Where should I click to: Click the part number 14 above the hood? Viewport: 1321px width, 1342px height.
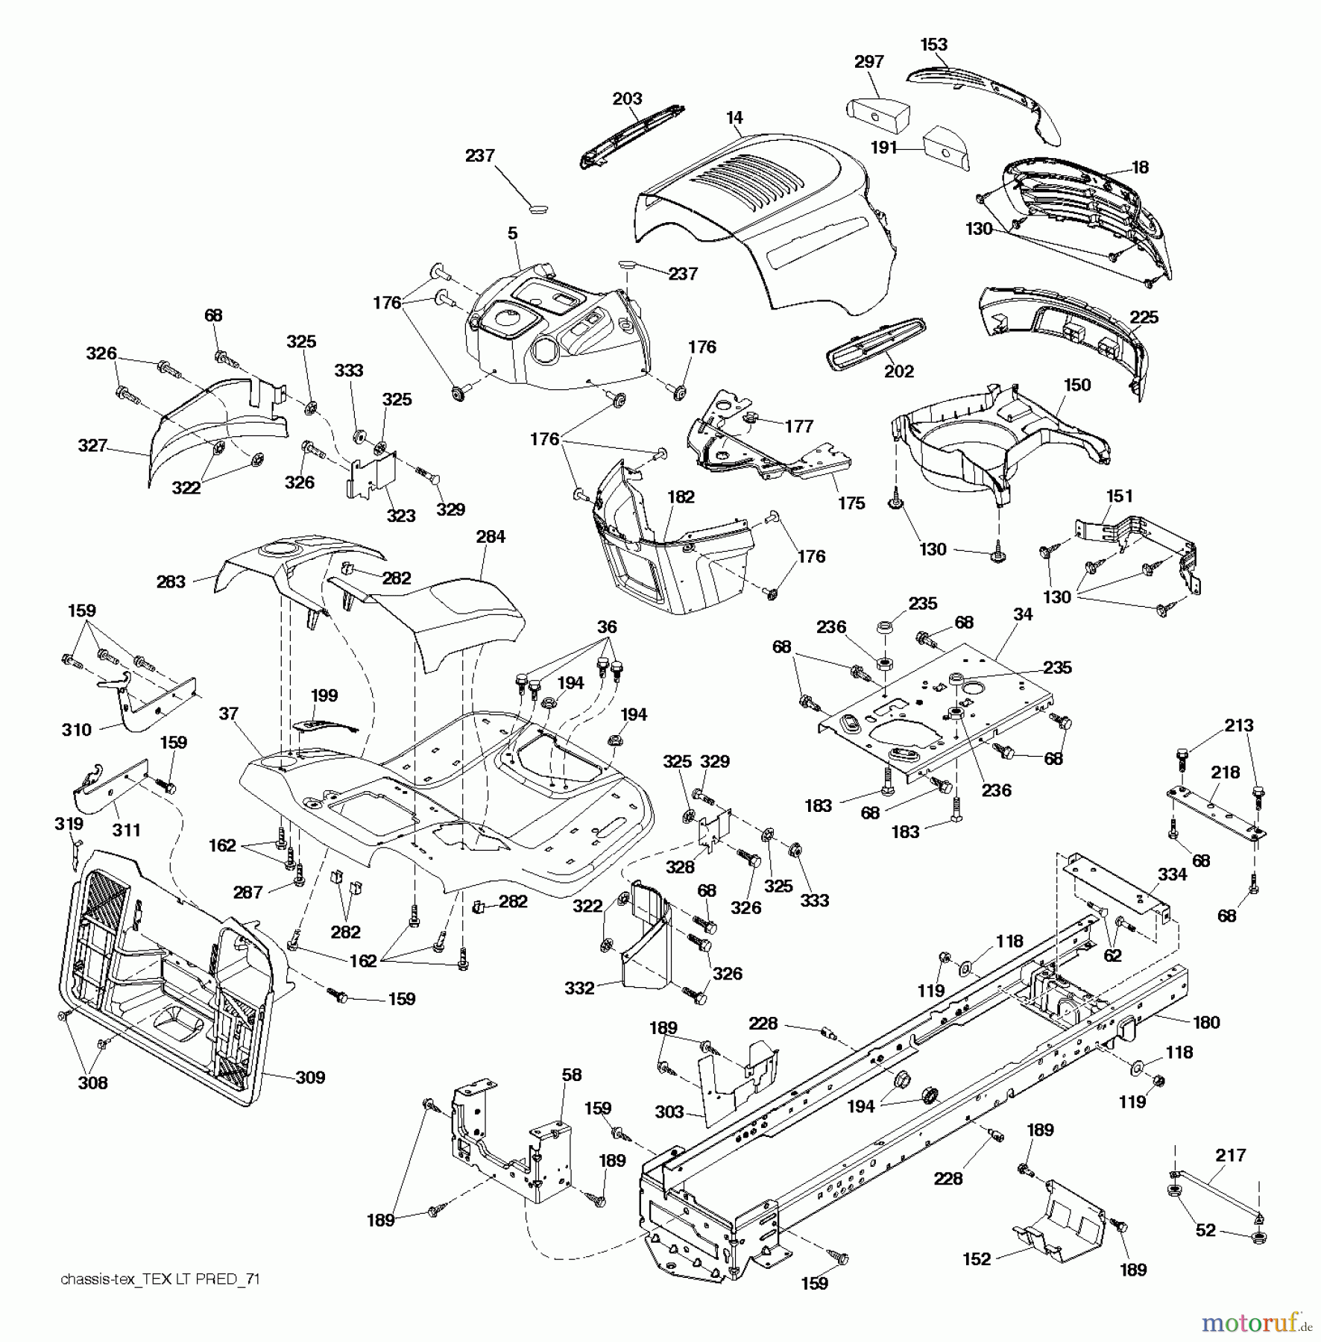point(734,118)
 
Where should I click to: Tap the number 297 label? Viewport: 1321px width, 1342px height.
point(868,62)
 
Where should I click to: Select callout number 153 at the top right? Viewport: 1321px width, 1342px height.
point(933,45)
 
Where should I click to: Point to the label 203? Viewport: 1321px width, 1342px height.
point(627,99)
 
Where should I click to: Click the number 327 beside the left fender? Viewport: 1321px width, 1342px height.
point(92,446)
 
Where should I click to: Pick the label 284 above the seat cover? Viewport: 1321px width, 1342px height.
point(490,537)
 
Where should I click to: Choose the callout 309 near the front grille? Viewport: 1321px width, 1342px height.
point(310,1077)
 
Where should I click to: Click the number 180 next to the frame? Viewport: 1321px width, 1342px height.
point(1206,1022)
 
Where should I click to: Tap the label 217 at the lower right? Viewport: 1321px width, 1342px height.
point(1230,1155)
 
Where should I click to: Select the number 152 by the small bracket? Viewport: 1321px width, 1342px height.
point(977,1259)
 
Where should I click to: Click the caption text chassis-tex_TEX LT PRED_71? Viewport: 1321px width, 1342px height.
point(160,1279)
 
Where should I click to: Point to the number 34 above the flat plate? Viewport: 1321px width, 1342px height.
point(1023,614)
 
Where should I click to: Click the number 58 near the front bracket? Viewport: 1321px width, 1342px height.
point(572,1074)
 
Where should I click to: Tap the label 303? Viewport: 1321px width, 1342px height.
point(669,1112)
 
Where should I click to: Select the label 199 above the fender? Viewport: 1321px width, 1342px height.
point(324,696)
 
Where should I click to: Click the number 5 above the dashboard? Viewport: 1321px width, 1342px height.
point(512,234)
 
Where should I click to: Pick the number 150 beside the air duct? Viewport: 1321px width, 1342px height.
point(1076,385)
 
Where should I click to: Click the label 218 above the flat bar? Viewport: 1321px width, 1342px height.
point(1225,772)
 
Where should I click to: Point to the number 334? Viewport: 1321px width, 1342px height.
point(1172,875)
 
